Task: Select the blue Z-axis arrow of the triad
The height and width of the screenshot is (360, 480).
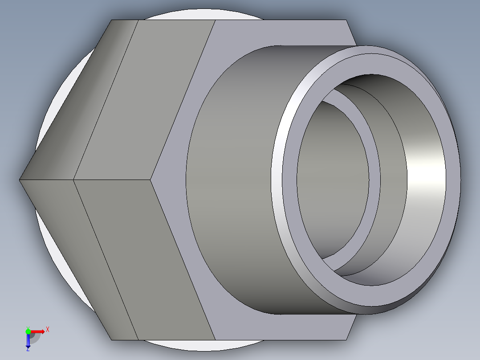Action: coord(28,341)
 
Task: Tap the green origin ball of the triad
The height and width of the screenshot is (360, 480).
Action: coord(28,331)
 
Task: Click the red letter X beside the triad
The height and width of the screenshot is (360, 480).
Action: coord(48,330)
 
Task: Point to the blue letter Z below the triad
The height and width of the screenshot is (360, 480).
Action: coord(28,349)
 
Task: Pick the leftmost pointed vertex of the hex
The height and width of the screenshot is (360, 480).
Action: coord(20,180)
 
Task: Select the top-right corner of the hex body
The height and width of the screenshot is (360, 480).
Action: coord(346,20)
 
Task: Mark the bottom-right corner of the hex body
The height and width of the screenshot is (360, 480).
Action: coord(346,340)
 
